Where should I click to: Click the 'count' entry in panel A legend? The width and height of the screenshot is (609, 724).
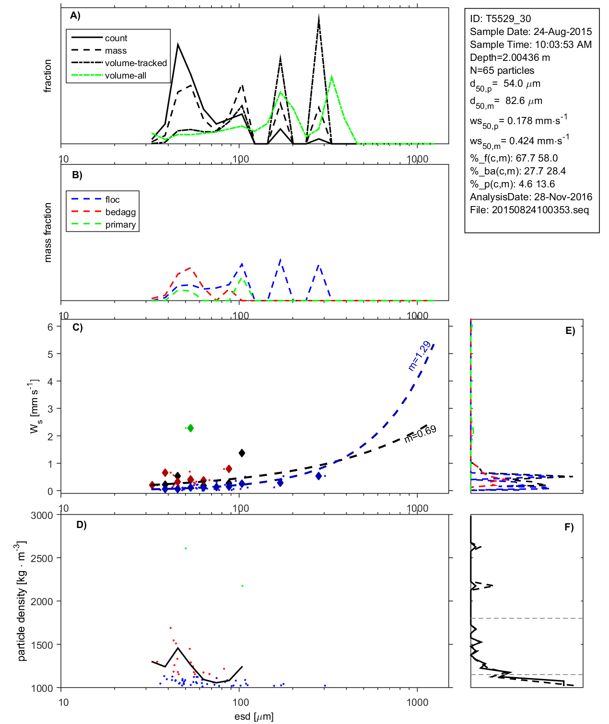[x=116, y=38]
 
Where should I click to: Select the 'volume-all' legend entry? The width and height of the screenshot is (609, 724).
[x=125, y=76]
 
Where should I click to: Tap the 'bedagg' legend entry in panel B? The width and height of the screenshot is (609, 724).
[x=120, y=212]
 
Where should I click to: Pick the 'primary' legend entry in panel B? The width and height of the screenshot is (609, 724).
[x=120, y=225]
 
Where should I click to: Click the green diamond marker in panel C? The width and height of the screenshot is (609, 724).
[x=190, y=428]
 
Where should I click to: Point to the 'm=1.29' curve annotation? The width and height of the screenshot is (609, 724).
[x=419, y=356]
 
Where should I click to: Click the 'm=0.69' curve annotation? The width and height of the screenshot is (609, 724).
[x=421, y=433]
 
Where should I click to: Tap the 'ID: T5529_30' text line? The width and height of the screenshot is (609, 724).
[x=500, y=19]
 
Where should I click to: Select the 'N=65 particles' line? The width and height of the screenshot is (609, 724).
[x=502, y=70]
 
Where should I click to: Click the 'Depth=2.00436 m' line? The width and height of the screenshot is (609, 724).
[x=510, y=57]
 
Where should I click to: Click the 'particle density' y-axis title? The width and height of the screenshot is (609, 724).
[x=21, y=601]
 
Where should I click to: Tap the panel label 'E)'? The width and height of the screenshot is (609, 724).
[x=570, y=331]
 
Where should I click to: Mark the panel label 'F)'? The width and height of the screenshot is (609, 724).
[x=569, y=527]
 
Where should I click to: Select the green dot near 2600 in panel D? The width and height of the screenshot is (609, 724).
[x=186, y=548]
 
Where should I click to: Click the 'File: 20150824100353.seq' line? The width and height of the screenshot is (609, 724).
[x=529, y=210]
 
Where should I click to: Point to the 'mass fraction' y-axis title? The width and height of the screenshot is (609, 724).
[x=47, y=232]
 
